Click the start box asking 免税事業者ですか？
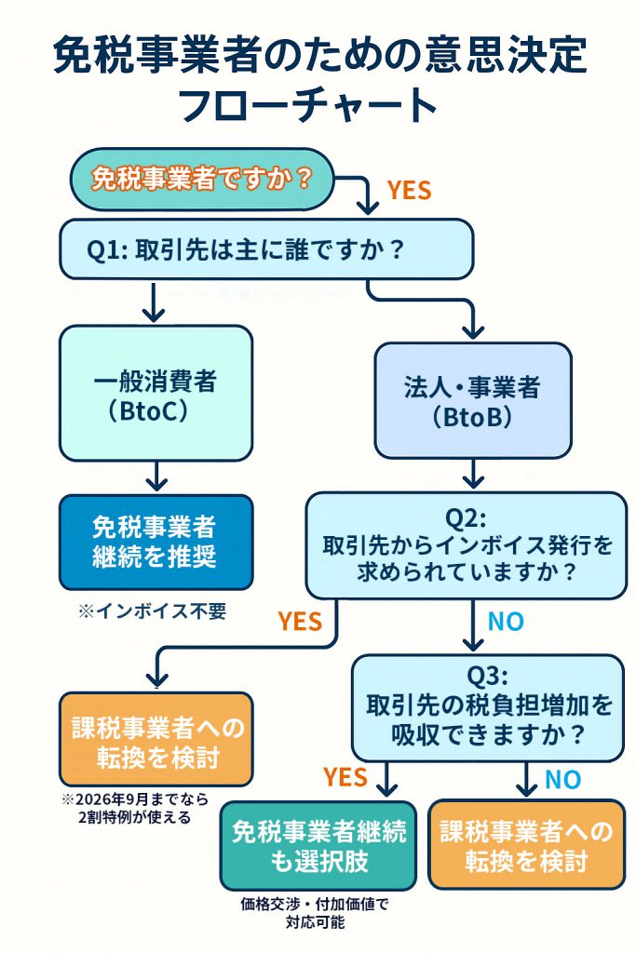(x=201, y=179)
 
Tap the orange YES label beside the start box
(x=409, y=190)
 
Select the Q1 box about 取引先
(x=267, y=249)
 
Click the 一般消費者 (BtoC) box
(x=156, y=394)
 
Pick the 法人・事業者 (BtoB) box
(x=473, y=400)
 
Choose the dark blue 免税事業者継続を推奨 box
(x=156, y=542)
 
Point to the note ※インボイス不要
(x=152, y=611)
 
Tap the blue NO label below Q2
(x=506, y=622)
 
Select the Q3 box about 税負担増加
(x=487, y=706)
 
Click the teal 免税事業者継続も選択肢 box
(x=318, y=844)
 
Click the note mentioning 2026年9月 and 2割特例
(x=135, y=809)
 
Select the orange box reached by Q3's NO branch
(x=526, y=844)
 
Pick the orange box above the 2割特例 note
(x=156, y=740)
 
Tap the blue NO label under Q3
(x=562, y=779)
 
